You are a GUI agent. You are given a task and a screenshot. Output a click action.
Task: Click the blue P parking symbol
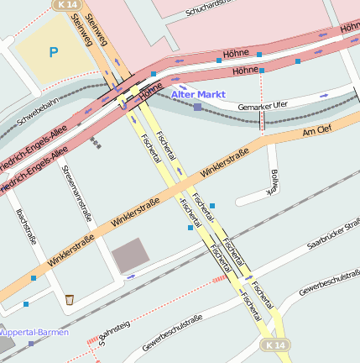pos(54,53)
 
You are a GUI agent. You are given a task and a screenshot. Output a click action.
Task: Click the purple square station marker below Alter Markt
pos(197,107)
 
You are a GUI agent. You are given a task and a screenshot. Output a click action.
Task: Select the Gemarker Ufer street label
pos(263,105)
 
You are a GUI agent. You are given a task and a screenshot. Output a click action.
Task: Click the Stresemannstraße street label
pos(76,193)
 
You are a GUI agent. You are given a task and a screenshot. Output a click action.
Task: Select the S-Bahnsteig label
pos(116,336)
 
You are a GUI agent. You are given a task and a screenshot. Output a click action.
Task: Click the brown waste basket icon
pos(69,298)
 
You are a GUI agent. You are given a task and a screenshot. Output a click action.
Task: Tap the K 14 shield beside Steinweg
pos(64,5)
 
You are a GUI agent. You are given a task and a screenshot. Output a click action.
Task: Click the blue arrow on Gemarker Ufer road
pos(324,96)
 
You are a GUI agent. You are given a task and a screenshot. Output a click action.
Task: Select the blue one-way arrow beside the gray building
pos(129,276)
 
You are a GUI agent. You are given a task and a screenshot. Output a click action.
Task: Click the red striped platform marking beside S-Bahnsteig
pos(92,340)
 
